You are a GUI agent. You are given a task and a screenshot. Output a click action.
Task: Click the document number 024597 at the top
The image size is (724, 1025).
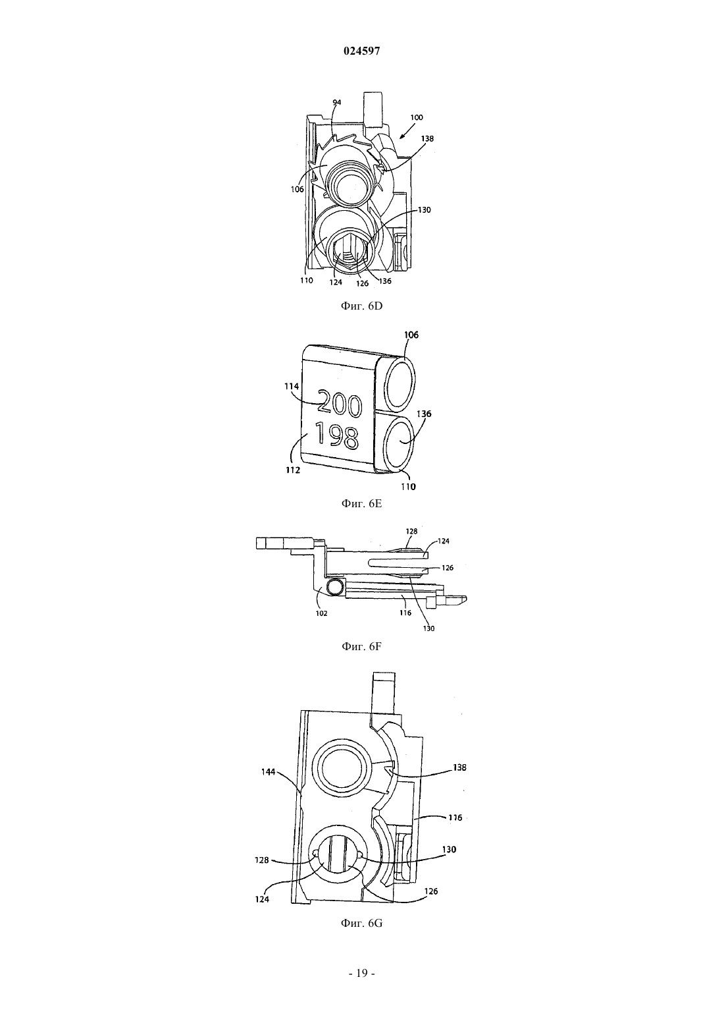[361, 51]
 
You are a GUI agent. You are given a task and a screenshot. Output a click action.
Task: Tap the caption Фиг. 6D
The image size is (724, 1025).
[361, 306]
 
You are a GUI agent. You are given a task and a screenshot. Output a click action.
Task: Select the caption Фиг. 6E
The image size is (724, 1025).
[361, 504]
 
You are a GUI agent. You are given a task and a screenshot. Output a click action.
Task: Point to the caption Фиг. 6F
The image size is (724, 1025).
[361, 647]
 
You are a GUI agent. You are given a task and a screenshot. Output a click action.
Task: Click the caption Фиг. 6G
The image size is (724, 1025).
[361, 923]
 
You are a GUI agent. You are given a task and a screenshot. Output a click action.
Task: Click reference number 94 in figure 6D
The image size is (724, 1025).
[336, 103]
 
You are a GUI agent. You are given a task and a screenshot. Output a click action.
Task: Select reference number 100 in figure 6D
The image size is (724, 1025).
[417, 117]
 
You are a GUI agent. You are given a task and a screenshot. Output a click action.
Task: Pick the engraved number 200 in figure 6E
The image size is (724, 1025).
[340, 402]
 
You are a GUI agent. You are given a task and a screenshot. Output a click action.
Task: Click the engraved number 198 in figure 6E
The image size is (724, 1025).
[337, 435]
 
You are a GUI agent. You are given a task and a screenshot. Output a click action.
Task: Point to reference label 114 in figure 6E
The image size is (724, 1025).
[292, 386]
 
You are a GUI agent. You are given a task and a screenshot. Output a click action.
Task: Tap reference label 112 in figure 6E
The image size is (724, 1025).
[293, 470]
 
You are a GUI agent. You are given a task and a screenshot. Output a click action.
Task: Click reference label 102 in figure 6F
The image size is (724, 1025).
[321, 614]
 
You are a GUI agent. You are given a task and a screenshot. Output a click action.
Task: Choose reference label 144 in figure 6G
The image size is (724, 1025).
[269, 772]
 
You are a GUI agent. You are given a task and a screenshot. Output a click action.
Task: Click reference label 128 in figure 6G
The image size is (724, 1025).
[262, 860]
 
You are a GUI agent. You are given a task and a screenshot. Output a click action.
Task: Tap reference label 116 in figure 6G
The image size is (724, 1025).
[455, 817]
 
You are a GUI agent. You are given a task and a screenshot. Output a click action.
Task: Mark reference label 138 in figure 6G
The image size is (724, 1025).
[459, 767]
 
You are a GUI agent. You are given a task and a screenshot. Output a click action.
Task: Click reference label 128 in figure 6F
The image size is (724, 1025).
[412, 531]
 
